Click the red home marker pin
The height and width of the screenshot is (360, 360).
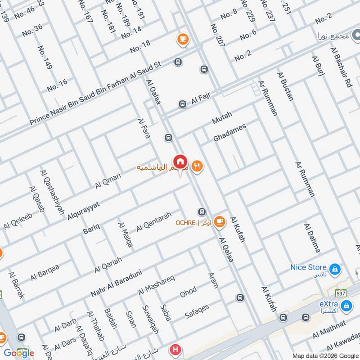180,161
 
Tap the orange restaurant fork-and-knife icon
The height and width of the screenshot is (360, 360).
197,167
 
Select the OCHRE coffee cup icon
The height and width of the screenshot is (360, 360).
219,221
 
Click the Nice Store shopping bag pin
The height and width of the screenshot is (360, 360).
334,269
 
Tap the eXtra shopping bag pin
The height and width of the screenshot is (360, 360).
346,306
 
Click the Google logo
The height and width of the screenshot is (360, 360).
19,353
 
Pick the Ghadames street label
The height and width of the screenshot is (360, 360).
230,134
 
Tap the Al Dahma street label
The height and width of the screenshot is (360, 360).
312,238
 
